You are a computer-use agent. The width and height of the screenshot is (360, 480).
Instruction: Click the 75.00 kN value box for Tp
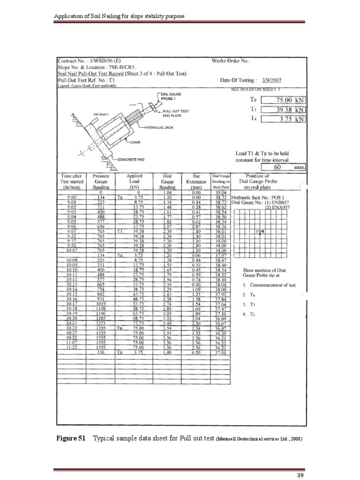pyautogui.click(x=283, y=100)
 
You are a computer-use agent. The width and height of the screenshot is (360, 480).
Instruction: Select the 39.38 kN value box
pyautogui.click(x=283, y=110)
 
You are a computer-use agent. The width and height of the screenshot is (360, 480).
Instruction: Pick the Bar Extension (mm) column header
pyautogui.click(x=196, y=181)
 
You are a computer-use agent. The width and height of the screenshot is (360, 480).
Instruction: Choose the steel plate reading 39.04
pyautogui.click(x=220, y=192)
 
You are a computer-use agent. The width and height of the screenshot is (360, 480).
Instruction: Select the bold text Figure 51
pyautogui.click(x=71, y=438)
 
